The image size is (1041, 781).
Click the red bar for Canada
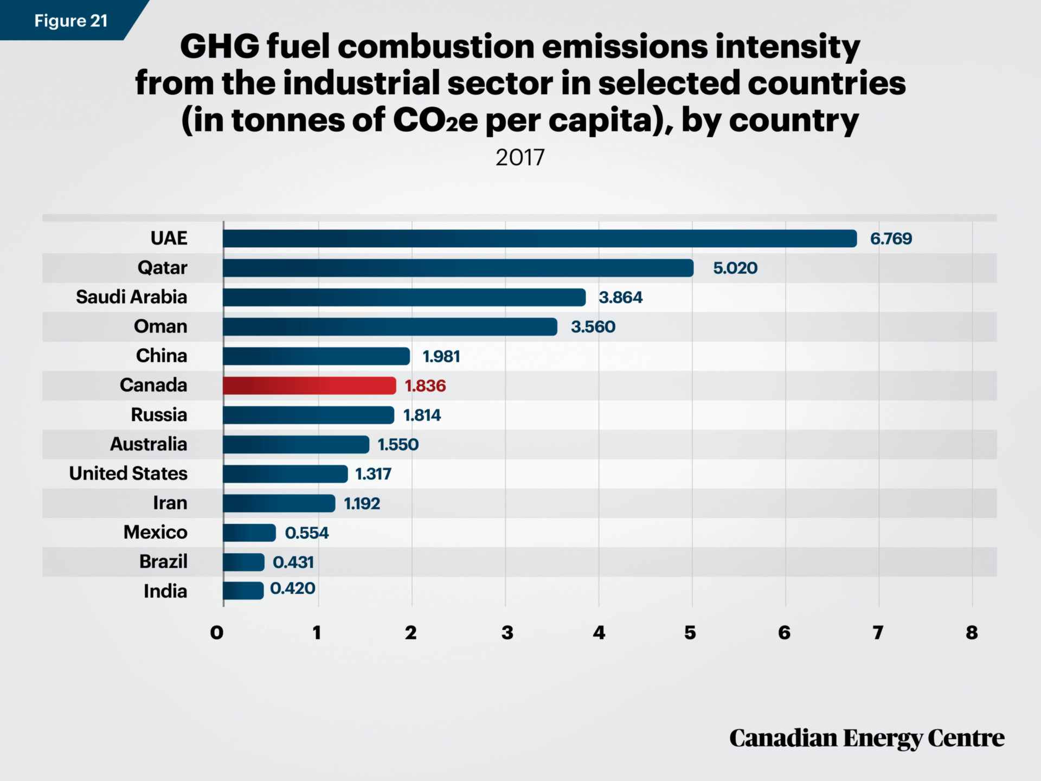309,386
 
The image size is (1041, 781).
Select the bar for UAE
539,239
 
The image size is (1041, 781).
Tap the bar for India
243,591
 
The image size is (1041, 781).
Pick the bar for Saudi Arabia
404,297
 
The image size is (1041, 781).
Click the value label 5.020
735,268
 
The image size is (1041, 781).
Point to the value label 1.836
425,386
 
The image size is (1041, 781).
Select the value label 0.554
306,533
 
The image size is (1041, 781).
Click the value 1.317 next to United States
373,474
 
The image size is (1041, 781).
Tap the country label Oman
160,327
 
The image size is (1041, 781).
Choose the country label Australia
149,444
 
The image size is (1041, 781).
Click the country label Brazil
163,561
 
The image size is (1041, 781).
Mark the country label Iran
170,503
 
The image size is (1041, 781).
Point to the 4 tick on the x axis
599,632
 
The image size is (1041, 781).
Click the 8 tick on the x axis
972,632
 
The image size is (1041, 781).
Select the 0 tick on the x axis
217,632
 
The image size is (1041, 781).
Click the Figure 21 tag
70,21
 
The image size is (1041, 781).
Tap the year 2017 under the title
519,158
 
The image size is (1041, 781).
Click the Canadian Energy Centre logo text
866,738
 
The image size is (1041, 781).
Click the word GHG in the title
220,47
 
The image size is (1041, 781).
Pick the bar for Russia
308,415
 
